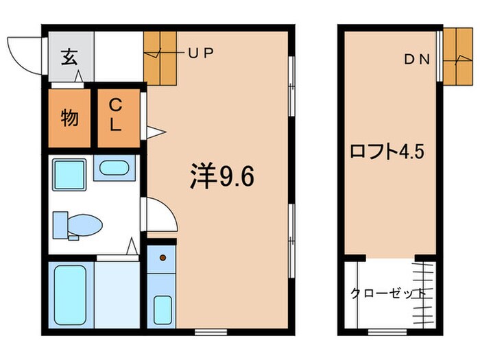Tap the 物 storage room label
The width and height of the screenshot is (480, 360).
tap(70, 119)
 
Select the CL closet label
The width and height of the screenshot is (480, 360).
tap(116, 115)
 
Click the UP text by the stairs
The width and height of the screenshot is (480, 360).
tap(200, 52)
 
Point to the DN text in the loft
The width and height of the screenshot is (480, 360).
tap(416, 60)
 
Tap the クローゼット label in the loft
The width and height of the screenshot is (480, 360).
tap(388, 293)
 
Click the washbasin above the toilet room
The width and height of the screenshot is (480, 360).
tap(115, 168)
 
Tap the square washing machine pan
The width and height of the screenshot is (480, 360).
tap(69, 176)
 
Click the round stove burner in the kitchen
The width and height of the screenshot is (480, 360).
tap(163, 258)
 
